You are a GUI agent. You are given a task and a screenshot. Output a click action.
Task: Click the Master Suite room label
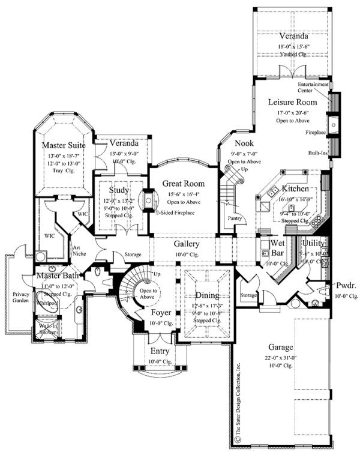click(64, 145)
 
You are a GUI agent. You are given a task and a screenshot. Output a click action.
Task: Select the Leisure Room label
click(292, 102)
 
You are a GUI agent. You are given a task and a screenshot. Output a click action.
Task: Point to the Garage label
click(280, 347)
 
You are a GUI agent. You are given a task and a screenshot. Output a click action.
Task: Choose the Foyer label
click(160, 314)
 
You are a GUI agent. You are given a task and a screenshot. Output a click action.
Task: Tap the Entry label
click(159, 351)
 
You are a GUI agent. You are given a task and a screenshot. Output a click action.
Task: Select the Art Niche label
click(80, 249)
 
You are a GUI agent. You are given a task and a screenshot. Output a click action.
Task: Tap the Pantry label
click(234, 218)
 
